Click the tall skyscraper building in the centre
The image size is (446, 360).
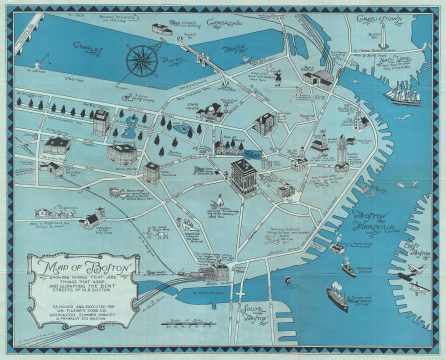click(242, 176)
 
